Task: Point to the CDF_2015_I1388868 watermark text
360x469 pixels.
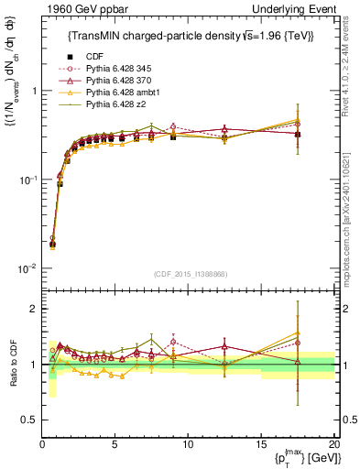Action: [x=188, y=273]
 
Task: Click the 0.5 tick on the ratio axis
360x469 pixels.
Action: [x=29, y=420]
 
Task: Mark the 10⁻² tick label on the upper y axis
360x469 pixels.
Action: [x=27, y=268]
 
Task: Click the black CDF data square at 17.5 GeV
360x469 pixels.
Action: [x=298, y=134]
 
